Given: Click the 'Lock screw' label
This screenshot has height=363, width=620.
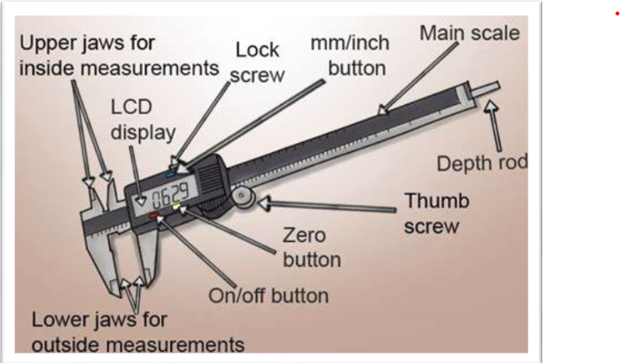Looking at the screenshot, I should [x=257, y=61].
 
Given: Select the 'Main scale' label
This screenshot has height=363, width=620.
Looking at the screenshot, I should [x=470, y=34].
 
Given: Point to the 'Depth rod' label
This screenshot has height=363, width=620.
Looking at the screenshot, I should [x=482, y=162].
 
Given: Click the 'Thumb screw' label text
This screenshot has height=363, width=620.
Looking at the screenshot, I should [x=437, y=213].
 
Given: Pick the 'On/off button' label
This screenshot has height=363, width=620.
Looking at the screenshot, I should [x=268, y=296].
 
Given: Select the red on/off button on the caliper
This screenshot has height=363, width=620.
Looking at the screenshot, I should [x=156, y=216].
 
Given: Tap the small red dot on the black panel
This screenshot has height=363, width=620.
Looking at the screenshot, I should [x=617, y=14].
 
